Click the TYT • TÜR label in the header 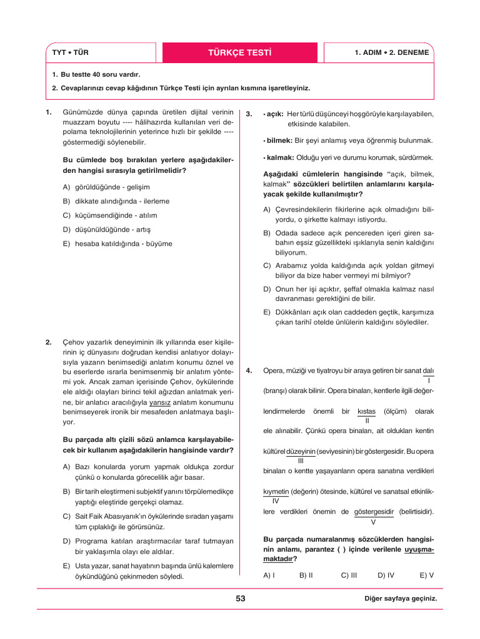point(70,52)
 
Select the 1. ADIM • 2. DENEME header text point(391,52)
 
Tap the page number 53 point(241,598)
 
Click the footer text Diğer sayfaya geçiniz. point(400,598)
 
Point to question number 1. point(49,112)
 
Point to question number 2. point(49,343)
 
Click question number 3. point(249,114)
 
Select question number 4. point(249,371)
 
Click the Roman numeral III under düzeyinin point(301,461)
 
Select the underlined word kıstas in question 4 point(366,411)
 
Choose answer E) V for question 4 point(427,575)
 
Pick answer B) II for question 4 point(306,575)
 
